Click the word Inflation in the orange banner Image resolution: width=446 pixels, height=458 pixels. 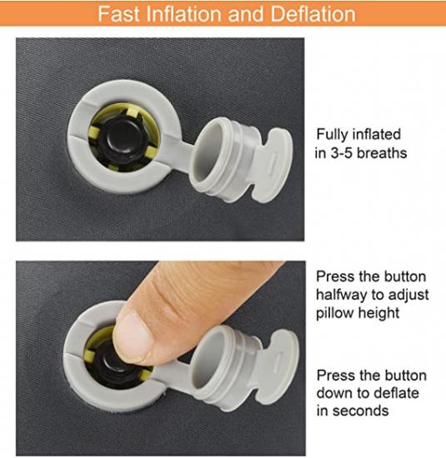(x=185, y=14)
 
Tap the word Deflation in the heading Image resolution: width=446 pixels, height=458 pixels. (x=313, y=14)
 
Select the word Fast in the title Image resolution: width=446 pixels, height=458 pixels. (x=118, y=14)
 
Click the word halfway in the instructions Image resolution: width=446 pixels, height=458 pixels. (x=342, y=295)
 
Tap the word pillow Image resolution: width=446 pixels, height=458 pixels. (x=334, y=313)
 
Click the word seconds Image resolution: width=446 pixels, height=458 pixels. (x=361, y=411)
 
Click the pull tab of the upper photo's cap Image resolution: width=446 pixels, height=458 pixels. (x=273, y=165)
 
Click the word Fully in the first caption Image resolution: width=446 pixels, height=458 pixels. (x=333, y=135)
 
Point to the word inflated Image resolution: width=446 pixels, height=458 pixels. (x=377, y=134)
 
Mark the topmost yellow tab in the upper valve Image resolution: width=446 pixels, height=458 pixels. (x=133, y=111)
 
